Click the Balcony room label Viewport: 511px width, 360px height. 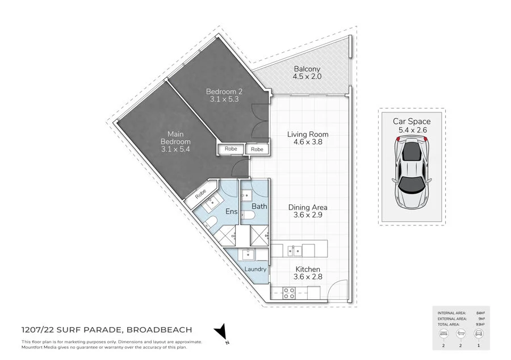click(x=307, y=69)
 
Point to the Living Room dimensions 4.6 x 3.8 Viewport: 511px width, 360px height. click(x=308, y=143)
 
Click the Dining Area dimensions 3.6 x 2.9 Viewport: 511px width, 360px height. click(x=308, y=216)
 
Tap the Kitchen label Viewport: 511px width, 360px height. click(x=308, y=269)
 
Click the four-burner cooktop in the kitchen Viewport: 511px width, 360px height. click(x=288, y=294)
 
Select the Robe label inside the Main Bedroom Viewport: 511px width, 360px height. click(x=201, y=194)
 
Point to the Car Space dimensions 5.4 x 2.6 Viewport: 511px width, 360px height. click(x=412, y=130)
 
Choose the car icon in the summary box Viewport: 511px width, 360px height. click(x=478, y=334)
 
